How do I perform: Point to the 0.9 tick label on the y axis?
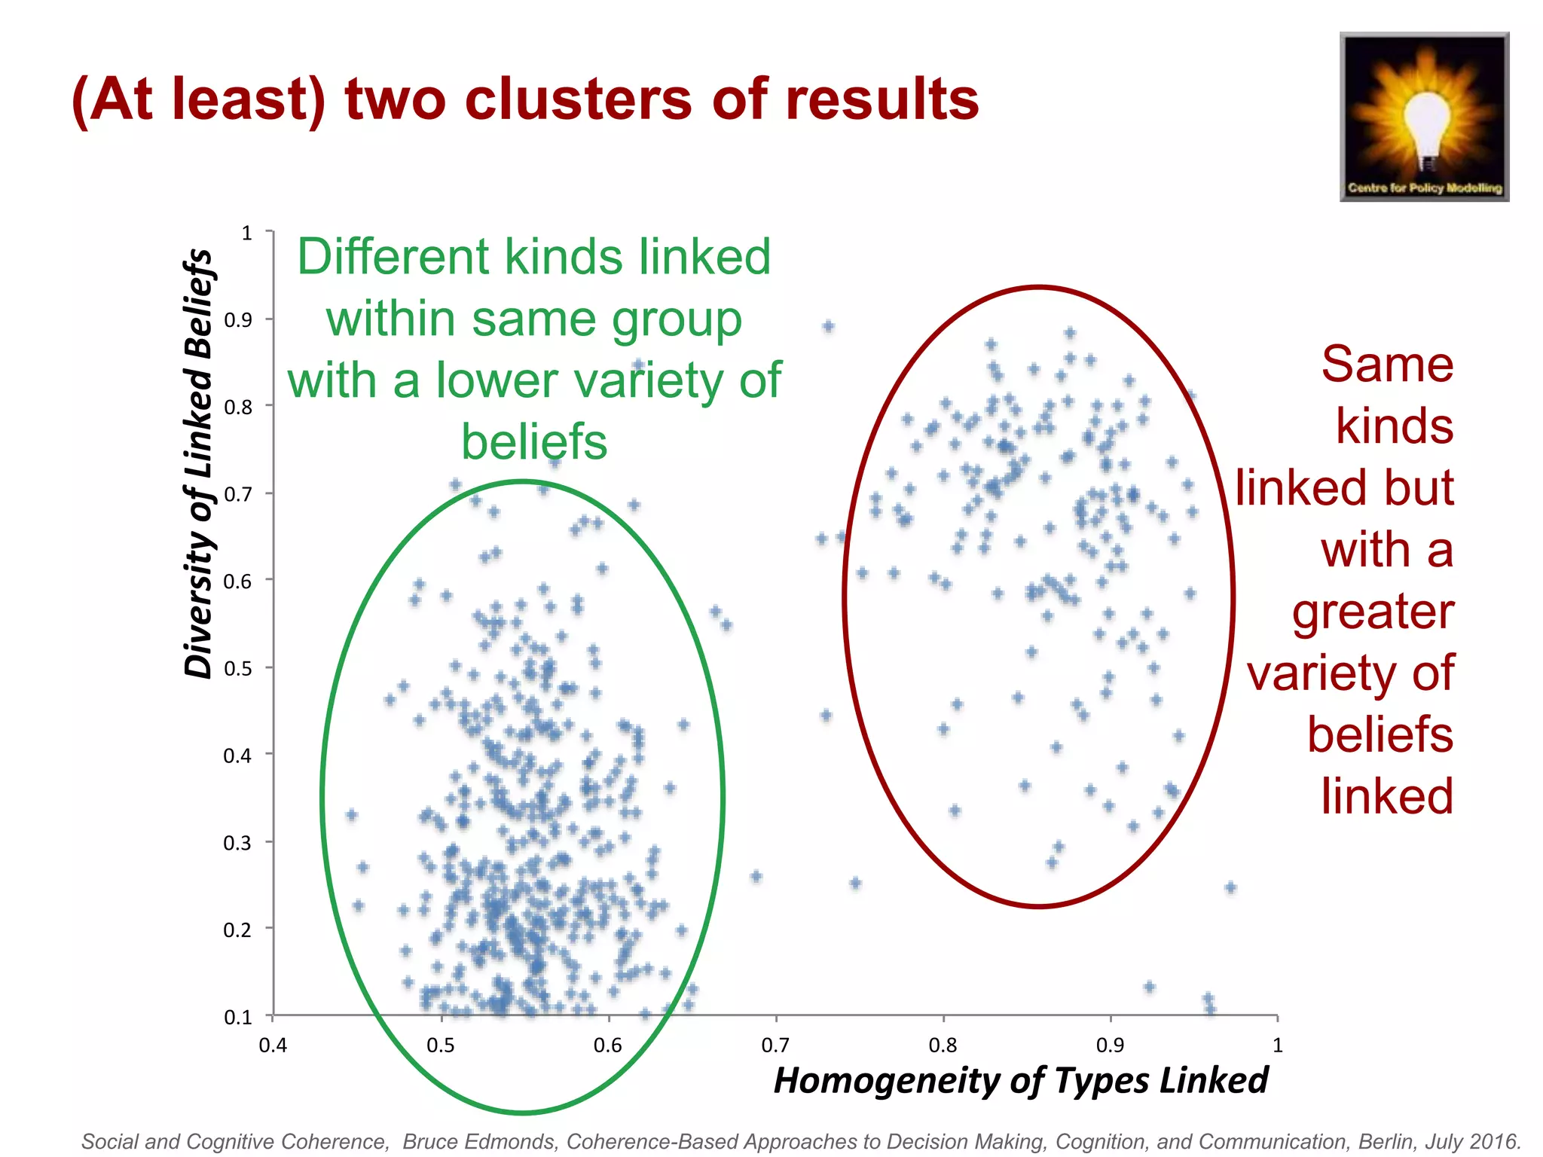(238, 320)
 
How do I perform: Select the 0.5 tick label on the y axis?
(238, 669)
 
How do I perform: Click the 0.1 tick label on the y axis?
(238, 1018)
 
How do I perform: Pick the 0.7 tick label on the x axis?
(775, 1046)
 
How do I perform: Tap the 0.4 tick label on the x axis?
(273, 1046)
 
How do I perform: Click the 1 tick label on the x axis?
(1277, 1046)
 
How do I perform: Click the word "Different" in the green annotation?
(394, 257)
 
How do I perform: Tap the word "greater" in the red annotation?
(1373, 611)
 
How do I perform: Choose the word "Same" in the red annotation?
(1387, 365)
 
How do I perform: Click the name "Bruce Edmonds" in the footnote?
(481, 1142)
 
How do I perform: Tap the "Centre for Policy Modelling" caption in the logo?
(1425, 188)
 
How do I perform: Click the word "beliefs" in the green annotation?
(534, 442)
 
